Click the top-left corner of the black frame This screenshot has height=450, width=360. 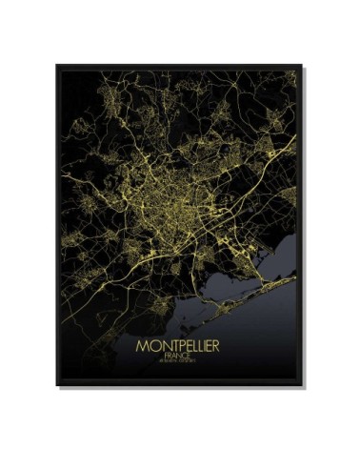point(57,66)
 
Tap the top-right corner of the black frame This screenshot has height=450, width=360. point(305,66)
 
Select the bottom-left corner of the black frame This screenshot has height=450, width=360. point(57,385)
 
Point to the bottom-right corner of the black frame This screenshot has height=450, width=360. point(305,385)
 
